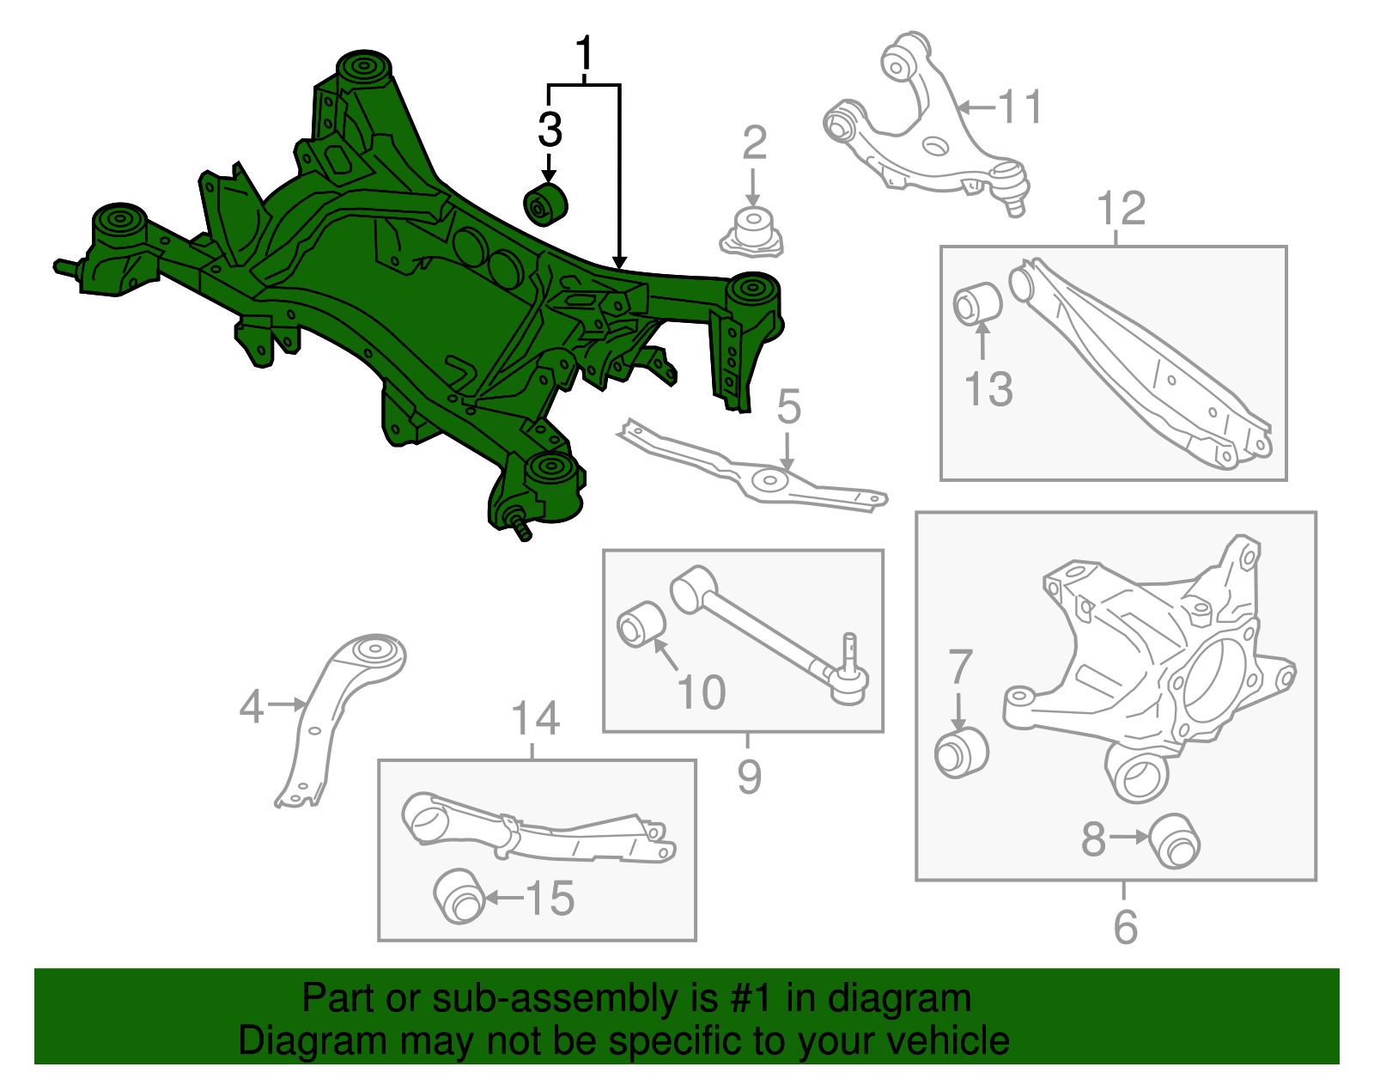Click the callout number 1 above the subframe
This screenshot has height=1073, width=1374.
[x=584, y=53]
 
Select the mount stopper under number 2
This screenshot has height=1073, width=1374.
[x=752, y=231]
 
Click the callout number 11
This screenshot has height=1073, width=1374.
[x=1020, y=107]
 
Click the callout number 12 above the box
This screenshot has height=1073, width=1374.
[x=1121, y=209]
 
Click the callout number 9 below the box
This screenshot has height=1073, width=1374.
[x=749, y=777]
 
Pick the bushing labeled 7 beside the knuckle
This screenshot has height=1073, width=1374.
[x=961, y=753]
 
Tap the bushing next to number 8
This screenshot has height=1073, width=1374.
[x=1174, y=840]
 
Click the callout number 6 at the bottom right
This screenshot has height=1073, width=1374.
[x=1125, y=927]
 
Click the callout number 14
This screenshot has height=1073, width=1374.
[x=535, y=718]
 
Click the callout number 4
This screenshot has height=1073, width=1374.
[x=251, y=706]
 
